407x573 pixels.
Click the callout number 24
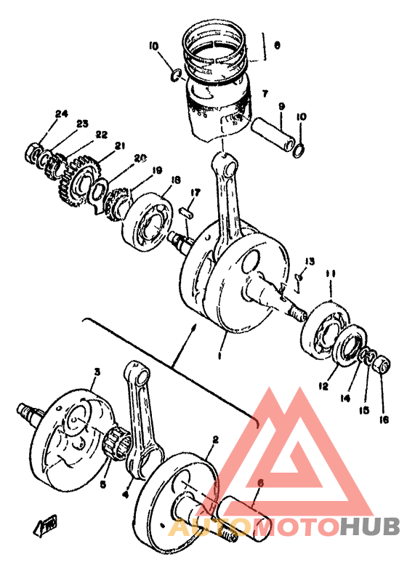[60, 113]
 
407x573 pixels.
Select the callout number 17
[194, 192]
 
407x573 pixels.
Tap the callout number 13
[310, 261]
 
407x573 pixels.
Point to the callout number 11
[331, 273]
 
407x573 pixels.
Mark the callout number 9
[281, 106]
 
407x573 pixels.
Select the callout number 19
[156, 171]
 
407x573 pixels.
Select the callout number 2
[215, 439]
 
